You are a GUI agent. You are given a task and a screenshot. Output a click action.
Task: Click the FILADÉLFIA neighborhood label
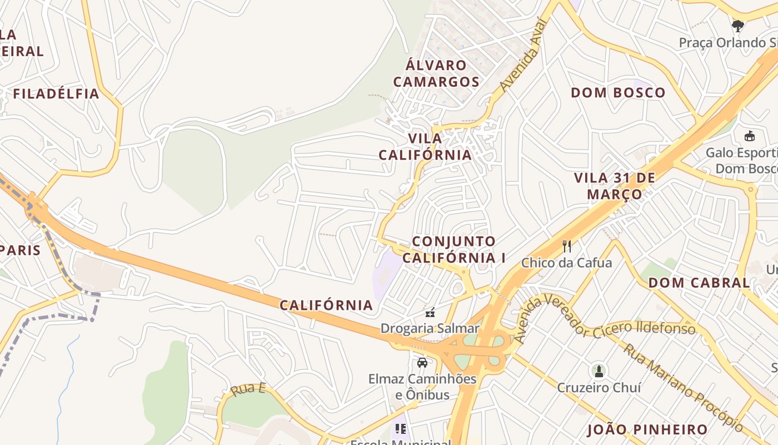pos(56,93)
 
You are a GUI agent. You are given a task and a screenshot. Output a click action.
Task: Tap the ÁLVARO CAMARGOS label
pos(436,73)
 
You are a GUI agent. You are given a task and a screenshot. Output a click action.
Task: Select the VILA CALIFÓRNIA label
pos(425,146)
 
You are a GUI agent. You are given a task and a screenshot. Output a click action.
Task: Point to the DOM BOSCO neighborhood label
pos(618,92)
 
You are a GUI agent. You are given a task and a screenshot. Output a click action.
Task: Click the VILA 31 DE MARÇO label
pos(615,186)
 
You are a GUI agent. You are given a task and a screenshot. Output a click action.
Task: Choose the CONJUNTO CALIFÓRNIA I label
pos(454,249)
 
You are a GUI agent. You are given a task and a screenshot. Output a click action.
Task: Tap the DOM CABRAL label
pos(699,283)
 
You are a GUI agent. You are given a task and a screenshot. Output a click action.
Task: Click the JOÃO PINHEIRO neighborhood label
pos(647,429)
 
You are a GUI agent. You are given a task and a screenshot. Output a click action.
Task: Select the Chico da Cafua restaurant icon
pos(567,246)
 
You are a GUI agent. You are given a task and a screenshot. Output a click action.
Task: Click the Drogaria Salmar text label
pos(430,328)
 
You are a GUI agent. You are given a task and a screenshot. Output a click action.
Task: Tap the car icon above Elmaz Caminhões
pos(422,363)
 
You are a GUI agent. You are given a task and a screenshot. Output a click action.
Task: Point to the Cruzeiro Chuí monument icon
pos(599,370)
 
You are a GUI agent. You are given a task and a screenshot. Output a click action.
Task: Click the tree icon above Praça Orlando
pos(738,26)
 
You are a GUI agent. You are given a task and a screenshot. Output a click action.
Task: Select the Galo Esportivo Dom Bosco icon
pos(749,136)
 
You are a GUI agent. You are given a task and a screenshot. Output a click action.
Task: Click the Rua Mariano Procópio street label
pos(683,387)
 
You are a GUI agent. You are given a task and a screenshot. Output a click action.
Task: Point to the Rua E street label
pos(248,389)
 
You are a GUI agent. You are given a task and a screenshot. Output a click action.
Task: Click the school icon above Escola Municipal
pos(400,429)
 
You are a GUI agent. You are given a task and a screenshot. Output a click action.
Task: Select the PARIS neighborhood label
pos(21,250)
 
